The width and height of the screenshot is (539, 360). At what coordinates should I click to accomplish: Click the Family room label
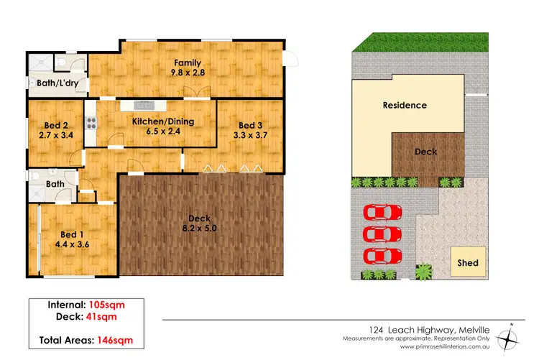coord(186,63)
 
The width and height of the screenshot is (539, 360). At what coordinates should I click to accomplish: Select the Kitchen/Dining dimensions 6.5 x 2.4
coord(163,132)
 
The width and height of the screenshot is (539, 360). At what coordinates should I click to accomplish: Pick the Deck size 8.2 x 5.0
coord(198,228)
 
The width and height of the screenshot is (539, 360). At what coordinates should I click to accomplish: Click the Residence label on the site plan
coord(404,106)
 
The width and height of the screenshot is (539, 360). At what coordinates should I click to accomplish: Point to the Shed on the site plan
coord(468,263)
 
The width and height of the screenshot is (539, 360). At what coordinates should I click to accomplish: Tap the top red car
coord(383,213)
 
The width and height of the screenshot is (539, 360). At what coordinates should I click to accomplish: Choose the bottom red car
coord(383,256)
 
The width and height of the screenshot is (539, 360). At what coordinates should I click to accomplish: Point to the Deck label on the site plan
coord(425,152)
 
